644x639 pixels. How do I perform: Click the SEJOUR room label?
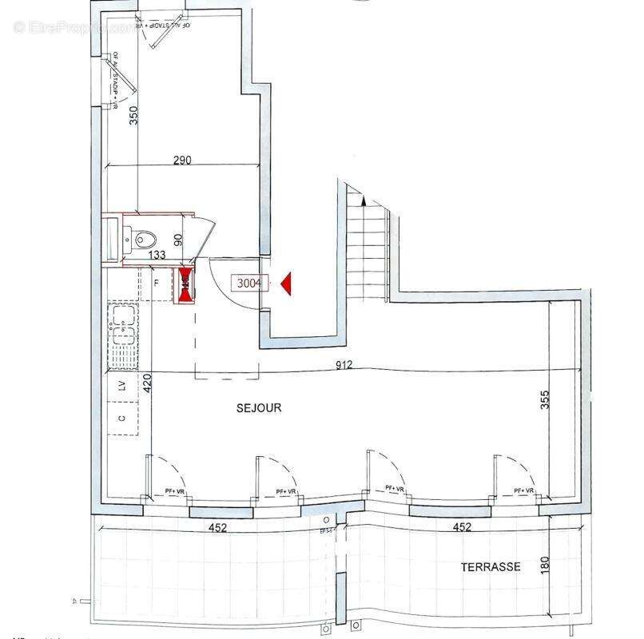(259, 407)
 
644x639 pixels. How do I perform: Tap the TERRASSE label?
(490, 567)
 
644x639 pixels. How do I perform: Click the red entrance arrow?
(288, 282)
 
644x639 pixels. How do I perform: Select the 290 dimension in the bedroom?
(181, 161)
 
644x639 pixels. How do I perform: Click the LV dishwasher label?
(122, 386)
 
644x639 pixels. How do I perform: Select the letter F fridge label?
(156, 282)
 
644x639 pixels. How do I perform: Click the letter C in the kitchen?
(122, 418)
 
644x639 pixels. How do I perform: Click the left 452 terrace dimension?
(217, 527)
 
